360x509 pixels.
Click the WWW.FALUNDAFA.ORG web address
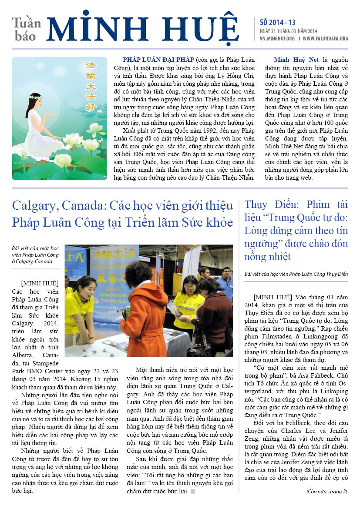click(x=325, y=39)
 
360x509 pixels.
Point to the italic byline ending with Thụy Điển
click(x=296, y=274)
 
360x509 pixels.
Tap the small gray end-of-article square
click(x=192, y=492)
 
